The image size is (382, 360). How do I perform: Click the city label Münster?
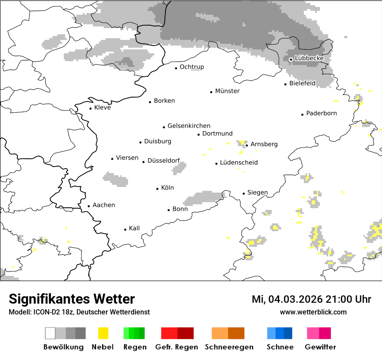click(227, 91)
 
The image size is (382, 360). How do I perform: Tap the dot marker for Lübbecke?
click(291, 59)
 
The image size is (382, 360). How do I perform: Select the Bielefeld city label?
click(302, 83)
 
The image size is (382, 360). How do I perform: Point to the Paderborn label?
click(321, 114)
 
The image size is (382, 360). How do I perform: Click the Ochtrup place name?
click(191, 67)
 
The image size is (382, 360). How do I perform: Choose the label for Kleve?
click(102, 108)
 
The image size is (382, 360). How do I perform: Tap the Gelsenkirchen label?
click(189, 126)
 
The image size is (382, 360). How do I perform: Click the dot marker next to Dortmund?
click(199, 134)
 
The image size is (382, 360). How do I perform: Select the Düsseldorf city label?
click(163, 160)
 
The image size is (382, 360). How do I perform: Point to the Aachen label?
click(104, 205)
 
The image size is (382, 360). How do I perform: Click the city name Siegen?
click(257, 193)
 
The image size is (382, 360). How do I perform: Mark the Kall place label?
click(134, 228)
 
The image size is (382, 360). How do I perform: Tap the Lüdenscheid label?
click(239, 163)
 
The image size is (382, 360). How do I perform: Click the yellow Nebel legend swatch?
click(103, 333)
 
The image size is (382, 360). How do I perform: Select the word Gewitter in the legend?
click(320, 347)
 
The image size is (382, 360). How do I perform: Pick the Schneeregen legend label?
click(229, 347)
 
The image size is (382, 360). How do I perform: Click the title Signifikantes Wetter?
click(72, 299)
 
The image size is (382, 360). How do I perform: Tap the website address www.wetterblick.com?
click(313, 312)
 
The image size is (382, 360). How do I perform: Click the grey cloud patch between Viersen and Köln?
click(115, 179)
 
